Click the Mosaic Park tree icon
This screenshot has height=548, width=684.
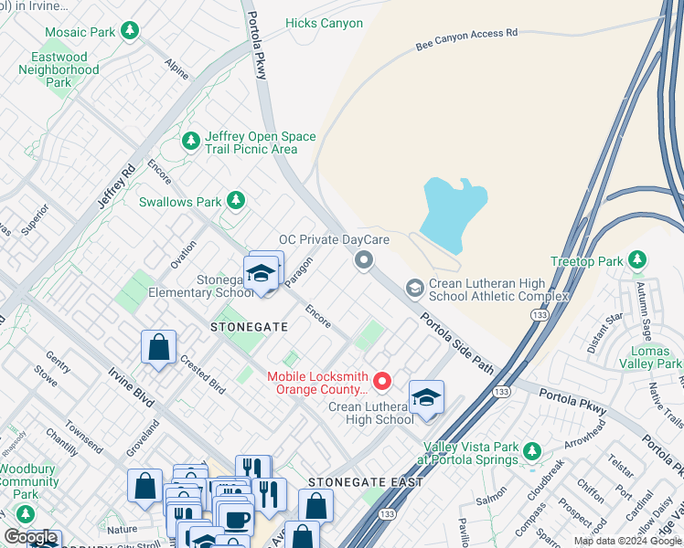(x=130, y=32)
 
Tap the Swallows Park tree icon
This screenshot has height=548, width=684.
(x=236, y=200)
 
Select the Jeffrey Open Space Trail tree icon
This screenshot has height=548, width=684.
(x=191, y=141)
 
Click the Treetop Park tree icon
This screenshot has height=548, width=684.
(x=638, y=261)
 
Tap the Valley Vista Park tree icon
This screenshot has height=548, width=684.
(x=532, y=451)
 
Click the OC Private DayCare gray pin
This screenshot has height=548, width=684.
(x=363, y=262)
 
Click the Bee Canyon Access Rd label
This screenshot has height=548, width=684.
(x=466, y=37)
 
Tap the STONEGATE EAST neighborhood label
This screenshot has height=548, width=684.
(x=365, y=481)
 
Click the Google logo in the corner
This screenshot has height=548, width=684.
(x=30, y=538)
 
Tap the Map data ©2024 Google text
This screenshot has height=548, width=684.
(x=626, y=541)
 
